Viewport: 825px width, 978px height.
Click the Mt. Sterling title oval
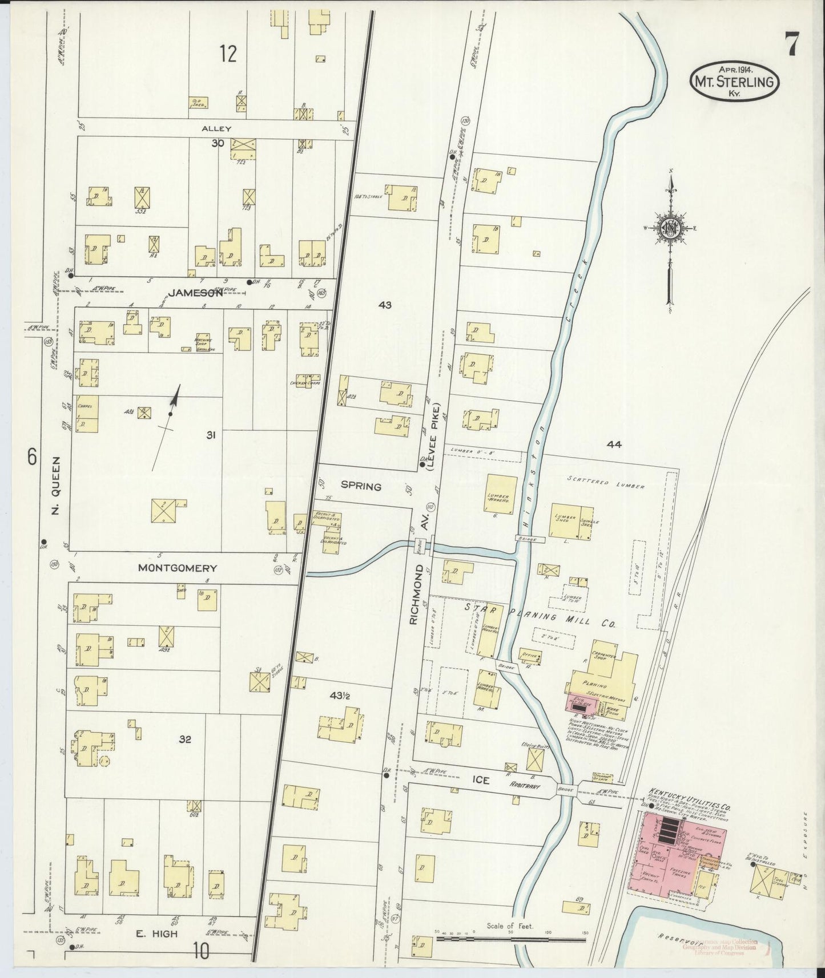click(733, 82)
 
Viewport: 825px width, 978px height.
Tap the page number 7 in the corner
click(790, 45)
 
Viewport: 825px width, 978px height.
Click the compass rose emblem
click(669, 228)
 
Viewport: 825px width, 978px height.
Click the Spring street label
click(361, 487)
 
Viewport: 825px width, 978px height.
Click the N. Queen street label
click(55, 485)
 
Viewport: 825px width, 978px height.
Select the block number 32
click(184, 739)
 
